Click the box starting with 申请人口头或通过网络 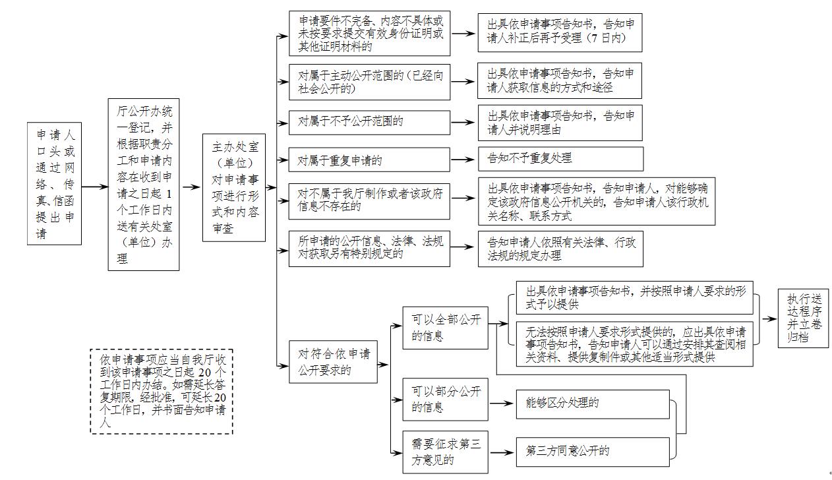tap(54, 183)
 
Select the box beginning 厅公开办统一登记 tap(144, 185)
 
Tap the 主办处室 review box tap(234, 187)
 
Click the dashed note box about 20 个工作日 tap(162, 391)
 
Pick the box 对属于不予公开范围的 tap(369, 122)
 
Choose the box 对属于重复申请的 tap(369, 160)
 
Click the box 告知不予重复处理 tap(560, 159)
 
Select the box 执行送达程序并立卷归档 tap(803, 318)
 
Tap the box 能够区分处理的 tap(592, 404)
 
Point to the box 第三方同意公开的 tap(592, 451)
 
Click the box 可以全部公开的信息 tap(446, 328)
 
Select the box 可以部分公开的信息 tap(446, 400)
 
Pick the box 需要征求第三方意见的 tap(446, 452)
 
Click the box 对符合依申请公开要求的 tap(333, 362)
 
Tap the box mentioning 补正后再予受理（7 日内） tap(560, 32)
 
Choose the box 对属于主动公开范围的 tap(369, 82)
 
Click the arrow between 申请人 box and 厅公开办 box tap(95, 187)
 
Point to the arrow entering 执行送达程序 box tap(769, 318)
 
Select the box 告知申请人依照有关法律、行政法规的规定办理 tap(560, 249)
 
